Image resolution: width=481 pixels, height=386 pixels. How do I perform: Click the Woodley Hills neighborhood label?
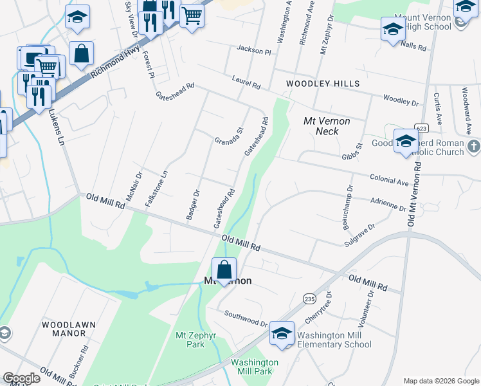323,84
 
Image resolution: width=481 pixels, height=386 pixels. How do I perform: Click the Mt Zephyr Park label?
190,340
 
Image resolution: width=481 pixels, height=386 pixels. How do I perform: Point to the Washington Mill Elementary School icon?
282,333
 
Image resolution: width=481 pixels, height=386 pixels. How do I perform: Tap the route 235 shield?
310,299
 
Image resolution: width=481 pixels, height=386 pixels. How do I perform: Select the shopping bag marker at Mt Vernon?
224,270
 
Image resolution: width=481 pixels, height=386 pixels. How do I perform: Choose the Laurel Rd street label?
246,82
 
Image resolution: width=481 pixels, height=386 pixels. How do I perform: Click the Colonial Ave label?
389,179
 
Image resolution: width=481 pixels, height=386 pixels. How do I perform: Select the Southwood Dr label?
245,318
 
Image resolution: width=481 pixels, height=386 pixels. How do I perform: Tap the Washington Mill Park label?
255,367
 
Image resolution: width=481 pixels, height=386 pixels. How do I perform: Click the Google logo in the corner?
21,378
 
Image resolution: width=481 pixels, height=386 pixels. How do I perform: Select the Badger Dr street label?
193,205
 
